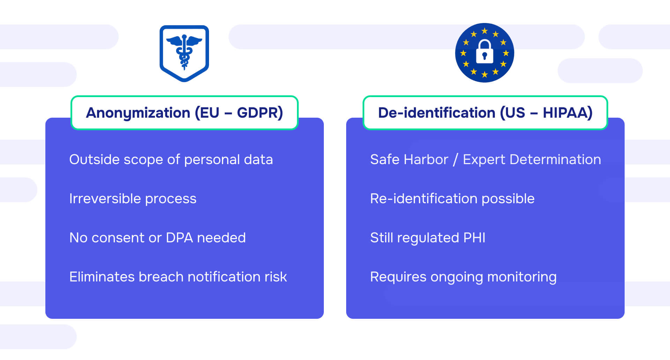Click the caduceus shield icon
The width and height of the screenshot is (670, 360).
pyautogui.click(x=184, y=53)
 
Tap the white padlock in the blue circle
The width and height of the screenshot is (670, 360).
pyautogui.click(x=484, y=52)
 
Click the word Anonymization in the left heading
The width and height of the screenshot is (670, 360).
pyautogui.click(x=138, y=113)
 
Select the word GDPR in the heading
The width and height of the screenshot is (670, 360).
pyautogui.click(x=260, y=113)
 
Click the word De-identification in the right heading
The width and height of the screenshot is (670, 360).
pyautogui.click(x=437, y=113)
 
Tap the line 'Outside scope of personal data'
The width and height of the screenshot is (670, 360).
pyautogui.click(x=171, y=160)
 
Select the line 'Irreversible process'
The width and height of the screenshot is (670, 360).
pyautogui.click(x=133, y=199)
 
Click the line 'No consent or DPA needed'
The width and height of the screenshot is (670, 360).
pyautogui.click(x=157, y=238)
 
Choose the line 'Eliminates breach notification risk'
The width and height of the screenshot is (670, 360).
pyautogui.click(x=178, y=277)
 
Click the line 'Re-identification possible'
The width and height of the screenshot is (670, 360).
pyautogui.click(x=452, y=199)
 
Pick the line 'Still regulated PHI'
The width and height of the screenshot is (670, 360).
pyautogui.click(x=427, y=238)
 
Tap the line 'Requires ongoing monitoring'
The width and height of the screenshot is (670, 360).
pyautogui.click(x=463, y=277)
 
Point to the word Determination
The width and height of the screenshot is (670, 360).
pyautogui.click(x=555, y=160)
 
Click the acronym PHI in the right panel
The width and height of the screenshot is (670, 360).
pyautogui.click(x=474, y=238)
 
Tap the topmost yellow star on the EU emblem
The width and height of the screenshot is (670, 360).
pyautogui.click(x=484, y=31)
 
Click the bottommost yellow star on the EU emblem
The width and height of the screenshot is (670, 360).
pyautogui.click(x=484, y=74)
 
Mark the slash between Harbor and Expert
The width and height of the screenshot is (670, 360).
pyautogui.click(x=455, y=160)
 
